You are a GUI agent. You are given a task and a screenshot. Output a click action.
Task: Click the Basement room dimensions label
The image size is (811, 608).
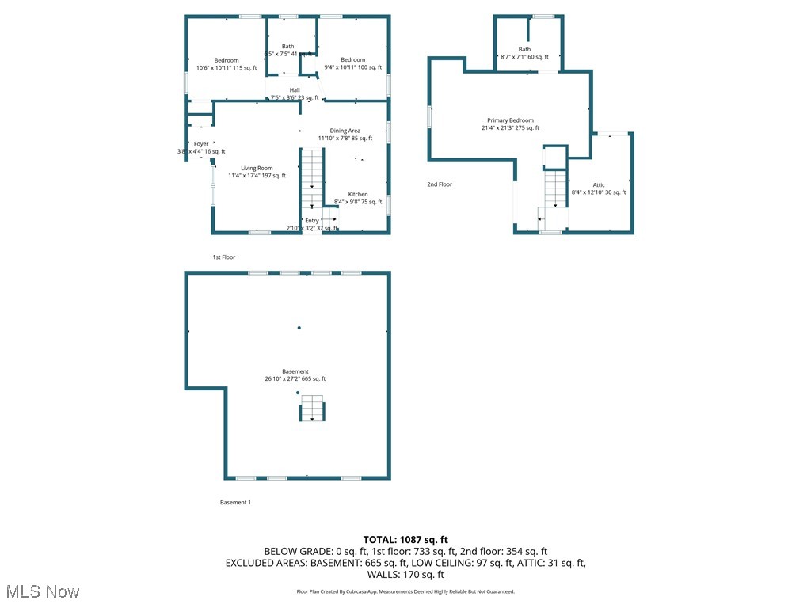click(295, 378)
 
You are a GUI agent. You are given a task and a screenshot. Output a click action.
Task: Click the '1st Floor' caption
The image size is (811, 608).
click(224, 257)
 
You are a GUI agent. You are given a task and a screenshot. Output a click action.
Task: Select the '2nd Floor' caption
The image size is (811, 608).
click(440, 184)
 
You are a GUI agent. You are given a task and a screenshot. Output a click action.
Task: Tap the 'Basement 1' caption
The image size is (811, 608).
click(235, 502)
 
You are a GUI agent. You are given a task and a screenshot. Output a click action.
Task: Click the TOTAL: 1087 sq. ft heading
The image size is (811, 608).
click(405, 539)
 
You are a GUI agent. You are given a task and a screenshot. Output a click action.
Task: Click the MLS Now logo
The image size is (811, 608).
click(42, 591)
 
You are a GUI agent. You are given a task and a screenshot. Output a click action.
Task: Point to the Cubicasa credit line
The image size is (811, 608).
click(405, 591)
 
